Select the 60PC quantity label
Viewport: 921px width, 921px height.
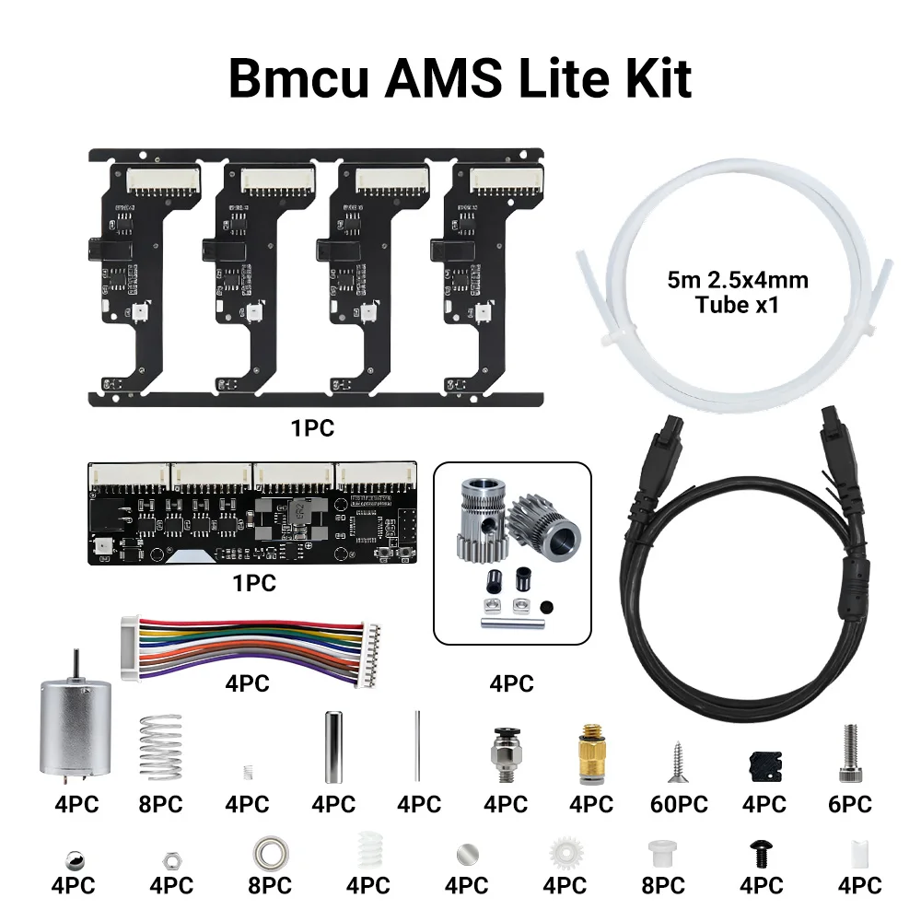tap(678, 804)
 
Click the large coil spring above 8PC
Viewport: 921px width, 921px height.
tap(162, 747)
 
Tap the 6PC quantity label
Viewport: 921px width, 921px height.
tap(848, 804)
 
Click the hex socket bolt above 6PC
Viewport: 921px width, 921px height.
tap(849, 751)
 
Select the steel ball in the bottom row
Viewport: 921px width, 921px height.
tap(75, 857)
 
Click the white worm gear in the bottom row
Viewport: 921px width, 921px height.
tap(368, 852)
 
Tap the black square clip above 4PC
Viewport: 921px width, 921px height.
tap(763, 764)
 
